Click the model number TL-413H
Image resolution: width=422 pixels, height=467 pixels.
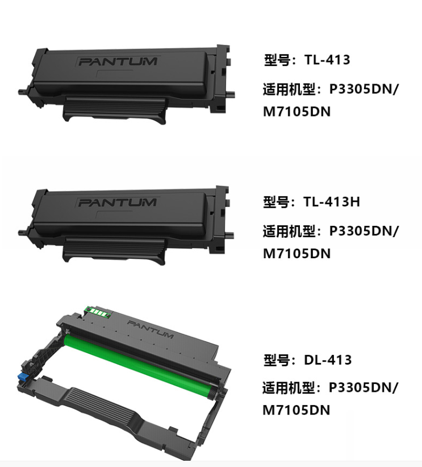(332, 201)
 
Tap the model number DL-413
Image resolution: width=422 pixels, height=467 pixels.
(328, 360)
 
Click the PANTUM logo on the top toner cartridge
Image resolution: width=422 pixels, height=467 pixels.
(118, 61)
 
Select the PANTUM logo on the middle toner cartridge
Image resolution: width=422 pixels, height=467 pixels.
(117, 202)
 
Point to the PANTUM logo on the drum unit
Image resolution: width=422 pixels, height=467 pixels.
(151, 329)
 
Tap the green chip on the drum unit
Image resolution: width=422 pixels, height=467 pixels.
(97, 312)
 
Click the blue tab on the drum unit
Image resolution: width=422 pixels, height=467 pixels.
(23, 376)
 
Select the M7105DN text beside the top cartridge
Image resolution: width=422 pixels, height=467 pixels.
(297, 111)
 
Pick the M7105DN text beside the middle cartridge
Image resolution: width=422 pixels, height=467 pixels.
(297, 254)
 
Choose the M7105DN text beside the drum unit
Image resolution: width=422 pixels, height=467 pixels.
(296, 410)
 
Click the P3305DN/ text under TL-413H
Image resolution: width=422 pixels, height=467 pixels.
(363, 232)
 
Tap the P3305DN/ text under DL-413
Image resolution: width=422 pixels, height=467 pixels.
(363, 388)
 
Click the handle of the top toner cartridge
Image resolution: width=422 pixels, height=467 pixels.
(115, 109)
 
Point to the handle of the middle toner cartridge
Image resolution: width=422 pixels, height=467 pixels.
(114, 250)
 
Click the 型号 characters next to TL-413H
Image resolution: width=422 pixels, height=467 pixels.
(276, 202)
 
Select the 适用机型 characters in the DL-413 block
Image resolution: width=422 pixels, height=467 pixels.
(289, 388)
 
